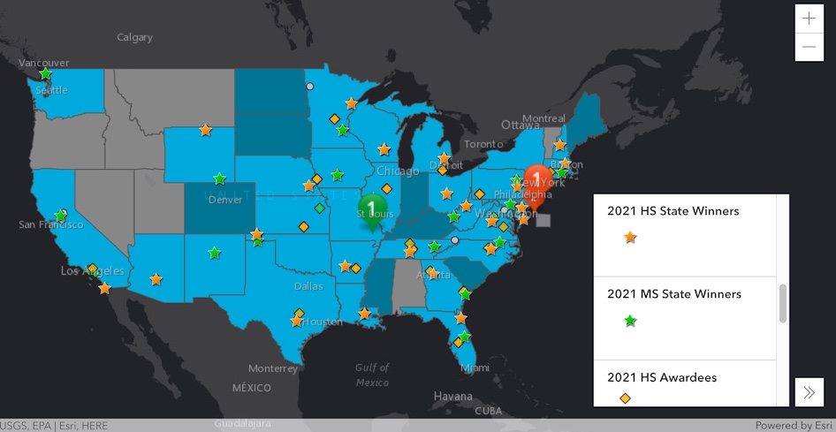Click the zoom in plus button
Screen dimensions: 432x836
click(809, 19)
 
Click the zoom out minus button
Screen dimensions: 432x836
click(809, 47)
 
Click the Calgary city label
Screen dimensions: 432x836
click(134, 37)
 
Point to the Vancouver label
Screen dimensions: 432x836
click(44, 63)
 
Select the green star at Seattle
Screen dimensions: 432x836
click(45, 74)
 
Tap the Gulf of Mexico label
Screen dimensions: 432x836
click(372, 375)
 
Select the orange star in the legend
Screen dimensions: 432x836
click(630, 237)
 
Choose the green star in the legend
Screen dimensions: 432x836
click(630, 321)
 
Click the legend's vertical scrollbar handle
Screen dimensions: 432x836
click(782, 303)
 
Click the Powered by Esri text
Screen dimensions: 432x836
click(794, 425)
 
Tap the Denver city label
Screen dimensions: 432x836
click(225, 200)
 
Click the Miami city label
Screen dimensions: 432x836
click(474, 368)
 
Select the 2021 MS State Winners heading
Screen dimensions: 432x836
click(673, 293)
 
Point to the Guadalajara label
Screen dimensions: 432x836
click(244, 424)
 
